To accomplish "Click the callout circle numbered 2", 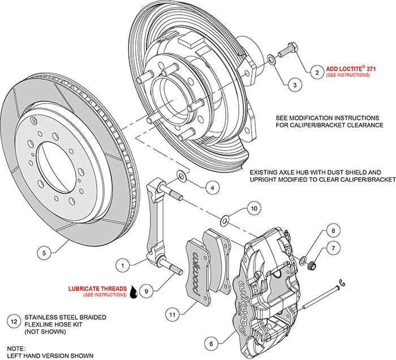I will [317, 72].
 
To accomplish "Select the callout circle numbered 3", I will [294, 85].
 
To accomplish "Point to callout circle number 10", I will [254, 208].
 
